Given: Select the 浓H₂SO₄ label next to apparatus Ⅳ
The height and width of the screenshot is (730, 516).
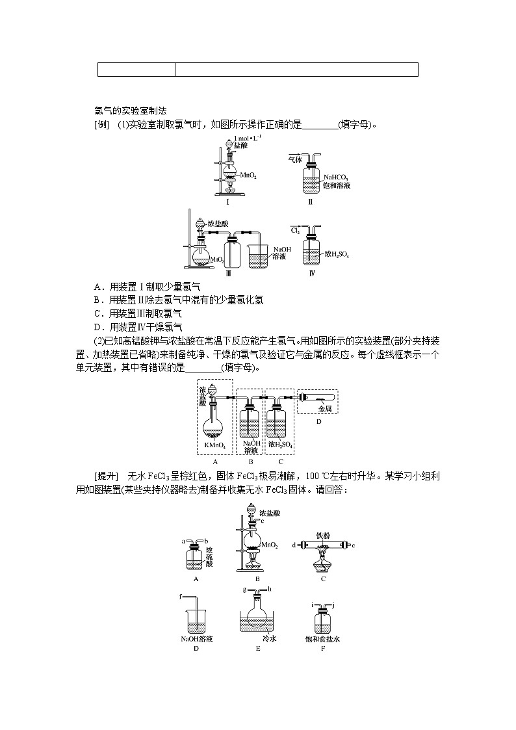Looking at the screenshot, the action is [337, 255].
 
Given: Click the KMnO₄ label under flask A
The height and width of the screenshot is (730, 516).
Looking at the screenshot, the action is [214, 445].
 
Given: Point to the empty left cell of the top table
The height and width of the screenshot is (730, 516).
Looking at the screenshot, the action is [136, 70].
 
